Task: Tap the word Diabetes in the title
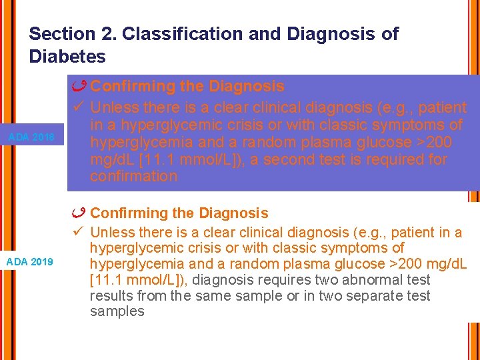click(x=67, y=57)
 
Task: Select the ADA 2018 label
click(x=31, y=138)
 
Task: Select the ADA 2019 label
click(x=31, y=261)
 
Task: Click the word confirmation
click(x=133, y=177)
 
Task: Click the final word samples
click(x=117, y=312)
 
